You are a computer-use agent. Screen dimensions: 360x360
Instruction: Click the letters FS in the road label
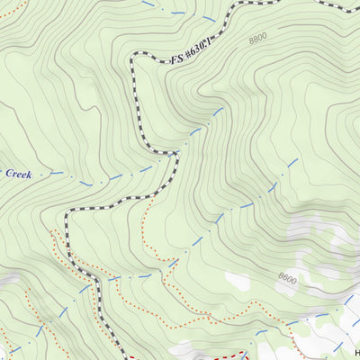(175, 61)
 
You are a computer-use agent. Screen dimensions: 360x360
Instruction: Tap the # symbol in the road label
(188, 59)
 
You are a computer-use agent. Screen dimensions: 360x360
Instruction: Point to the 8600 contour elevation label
(287, 280)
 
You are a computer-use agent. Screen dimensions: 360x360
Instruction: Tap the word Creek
(18, 172)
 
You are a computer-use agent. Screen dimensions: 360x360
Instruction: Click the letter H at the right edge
(356, 352)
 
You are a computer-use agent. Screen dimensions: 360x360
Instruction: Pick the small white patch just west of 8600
(237, 281)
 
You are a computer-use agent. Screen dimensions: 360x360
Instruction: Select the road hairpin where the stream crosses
(174, 154)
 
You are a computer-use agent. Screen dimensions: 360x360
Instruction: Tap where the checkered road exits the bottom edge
(123, 357)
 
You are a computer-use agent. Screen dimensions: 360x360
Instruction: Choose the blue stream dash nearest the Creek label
(57, 171)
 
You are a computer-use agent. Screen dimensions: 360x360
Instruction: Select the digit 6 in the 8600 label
(283, 280)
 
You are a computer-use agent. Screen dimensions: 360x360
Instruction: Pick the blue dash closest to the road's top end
(210, 17)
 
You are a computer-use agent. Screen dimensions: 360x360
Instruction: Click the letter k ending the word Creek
(30, 172)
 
